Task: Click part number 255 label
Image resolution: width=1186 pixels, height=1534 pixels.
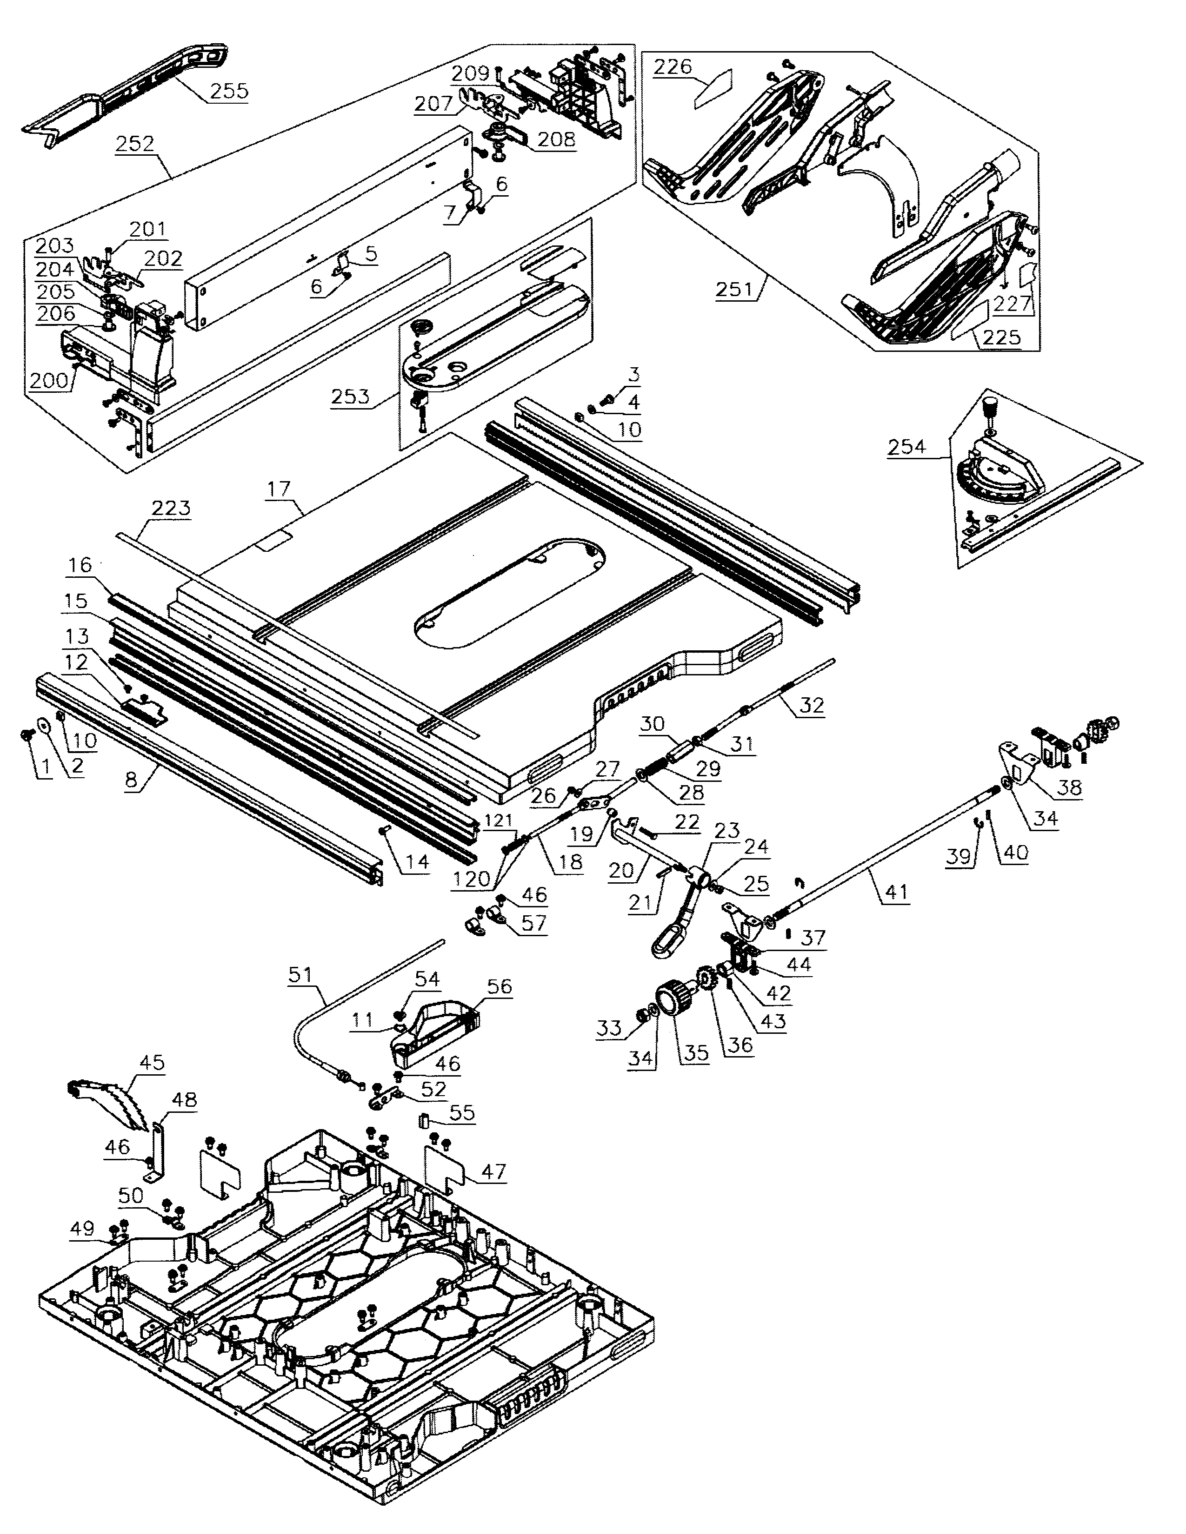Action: [x=229, y=91]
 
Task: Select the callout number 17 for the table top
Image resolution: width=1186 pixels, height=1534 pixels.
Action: [x=279, y=489]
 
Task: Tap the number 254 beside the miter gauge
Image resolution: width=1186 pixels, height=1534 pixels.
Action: [x=906, y=447]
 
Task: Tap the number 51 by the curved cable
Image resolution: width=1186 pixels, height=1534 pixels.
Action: [x=300, y=974]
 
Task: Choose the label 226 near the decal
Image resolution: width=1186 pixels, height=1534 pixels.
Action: [x=673, y=67]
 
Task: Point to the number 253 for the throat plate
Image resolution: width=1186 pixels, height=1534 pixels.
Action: [x=351, y=397]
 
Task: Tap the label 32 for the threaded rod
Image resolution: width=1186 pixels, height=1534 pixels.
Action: [x=812, y=705]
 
